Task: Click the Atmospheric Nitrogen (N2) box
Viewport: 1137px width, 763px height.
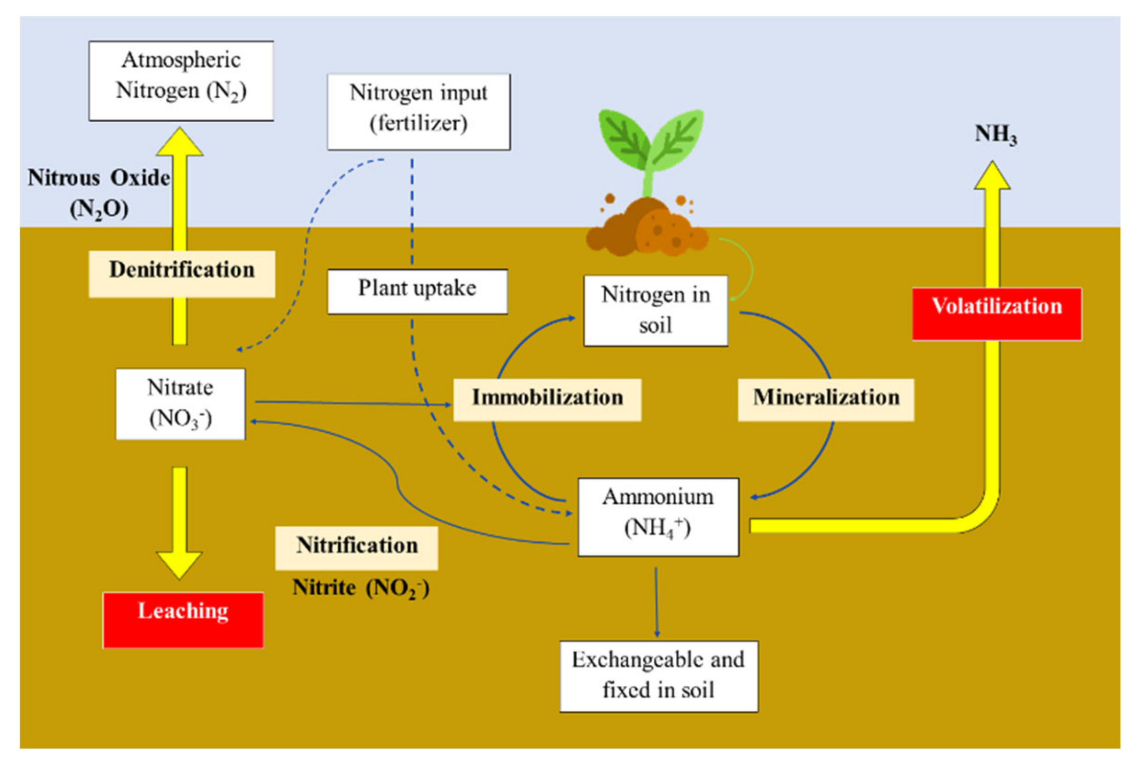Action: pos(180,80)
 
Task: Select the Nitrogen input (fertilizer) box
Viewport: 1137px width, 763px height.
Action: pos(418,112)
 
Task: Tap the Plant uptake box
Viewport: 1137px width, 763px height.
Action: pos(417,291)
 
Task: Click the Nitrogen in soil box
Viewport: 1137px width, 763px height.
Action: pos(655,310)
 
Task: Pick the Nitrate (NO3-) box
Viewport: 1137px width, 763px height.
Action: pos(180,404)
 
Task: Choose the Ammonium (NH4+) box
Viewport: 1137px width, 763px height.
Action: pos(658,516)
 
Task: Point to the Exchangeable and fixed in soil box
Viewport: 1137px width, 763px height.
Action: pos(658,675)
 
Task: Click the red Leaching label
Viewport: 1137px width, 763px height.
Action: pos(183,619)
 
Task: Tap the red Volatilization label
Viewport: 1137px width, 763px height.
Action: pos(996,313)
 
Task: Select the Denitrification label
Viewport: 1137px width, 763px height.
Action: pos(181,273)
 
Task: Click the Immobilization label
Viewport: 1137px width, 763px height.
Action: pos(547,399)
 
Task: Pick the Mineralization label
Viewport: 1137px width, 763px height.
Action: pos(825,399)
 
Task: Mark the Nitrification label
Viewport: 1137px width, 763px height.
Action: pos(356,547)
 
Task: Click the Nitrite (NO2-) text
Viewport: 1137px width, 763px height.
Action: pos(360,587)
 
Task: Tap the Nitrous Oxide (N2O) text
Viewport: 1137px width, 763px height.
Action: pos(99,192)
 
